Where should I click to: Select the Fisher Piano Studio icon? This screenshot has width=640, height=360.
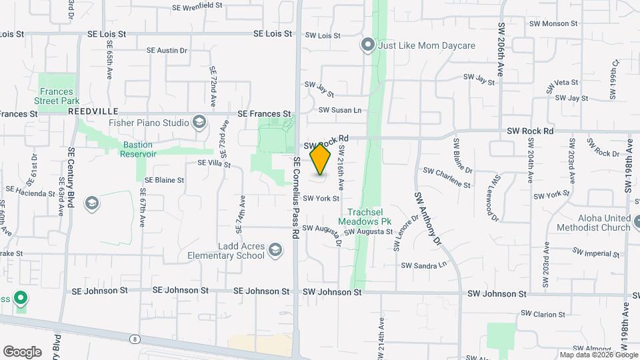[199, 123]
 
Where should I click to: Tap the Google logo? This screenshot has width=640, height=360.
[23, 351]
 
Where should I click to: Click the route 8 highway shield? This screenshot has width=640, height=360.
[135, 339]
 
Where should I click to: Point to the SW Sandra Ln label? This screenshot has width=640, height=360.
[423, 265]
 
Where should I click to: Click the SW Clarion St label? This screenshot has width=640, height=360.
[543, 313]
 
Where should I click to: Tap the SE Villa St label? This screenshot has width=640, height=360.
[213, 163]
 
